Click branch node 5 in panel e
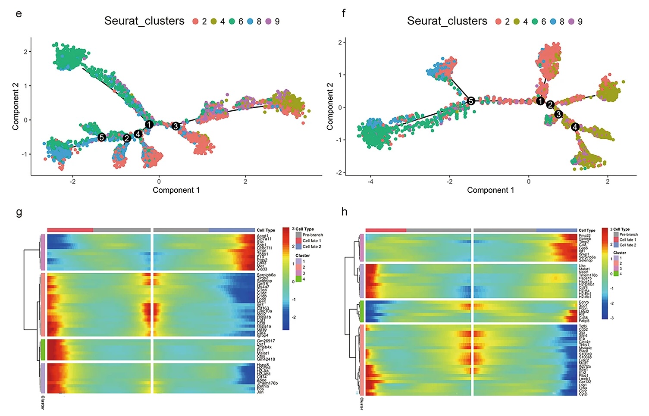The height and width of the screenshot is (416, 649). (x=101, y=137)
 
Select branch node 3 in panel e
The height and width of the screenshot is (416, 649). (x=175, y=126)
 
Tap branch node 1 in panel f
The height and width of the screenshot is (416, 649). (x=540, y=101)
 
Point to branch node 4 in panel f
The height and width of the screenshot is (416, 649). (x=575, y=127)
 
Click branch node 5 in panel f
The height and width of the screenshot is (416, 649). (x=471, y=101)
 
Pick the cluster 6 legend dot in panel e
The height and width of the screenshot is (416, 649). (x=232, y=22)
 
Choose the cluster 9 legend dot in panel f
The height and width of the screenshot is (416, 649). (x=571, y=22)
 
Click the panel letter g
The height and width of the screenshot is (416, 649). (x=19, y=212)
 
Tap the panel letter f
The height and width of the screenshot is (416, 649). (x=343, y=13)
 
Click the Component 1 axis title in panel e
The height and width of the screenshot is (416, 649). (x=176, y=190)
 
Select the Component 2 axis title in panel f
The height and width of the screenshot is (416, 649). (x=330, y=106)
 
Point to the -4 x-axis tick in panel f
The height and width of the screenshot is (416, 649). (x=370, y=181)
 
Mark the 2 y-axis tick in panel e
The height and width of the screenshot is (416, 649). (x=25, y=52)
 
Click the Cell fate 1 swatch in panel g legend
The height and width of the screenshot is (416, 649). (x=298, y=241)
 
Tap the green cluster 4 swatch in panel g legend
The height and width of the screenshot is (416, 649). (x=298, y=279)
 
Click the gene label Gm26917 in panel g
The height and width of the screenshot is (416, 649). (x=266, y=341)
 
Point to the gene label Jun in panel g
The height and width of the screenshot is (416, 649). (x=260, y=392)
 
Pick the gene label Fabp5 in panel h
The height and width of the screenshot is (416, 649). (x=584, y=321)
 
